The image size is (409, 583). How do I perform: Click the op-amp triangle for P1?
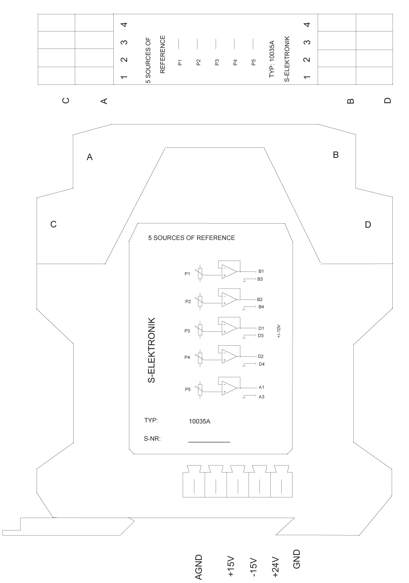229,272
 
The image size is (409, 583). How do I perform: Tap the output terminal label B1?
261,271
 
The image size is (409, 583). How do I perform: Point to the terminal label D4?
261,364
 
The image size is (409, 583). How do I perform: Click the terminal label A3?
261,397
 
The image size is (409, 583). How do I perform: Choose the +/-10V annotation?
279,331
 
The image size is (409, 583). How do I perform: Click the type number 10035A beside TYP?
199,421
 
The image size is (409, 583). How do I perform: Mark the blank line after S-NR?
209,442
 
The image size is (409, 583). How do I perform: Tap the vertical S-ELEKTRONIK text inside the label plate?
152,350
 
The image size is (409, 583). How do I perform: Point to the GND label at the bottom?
297,559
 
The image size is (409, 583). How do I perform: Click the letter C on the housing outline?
53,224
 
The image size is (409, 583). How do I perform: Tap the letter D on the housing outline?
368,224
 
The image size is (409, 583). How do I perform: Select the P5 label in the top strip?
253,62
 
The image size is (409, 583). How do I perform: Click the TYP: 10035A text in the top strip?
272,59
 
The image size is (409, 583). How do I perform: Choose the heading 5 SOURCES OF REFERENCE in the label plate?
192,238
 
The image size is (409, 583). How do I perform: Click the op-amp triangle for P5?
229,388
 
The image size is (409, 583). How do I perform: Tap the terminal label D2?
261,356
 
